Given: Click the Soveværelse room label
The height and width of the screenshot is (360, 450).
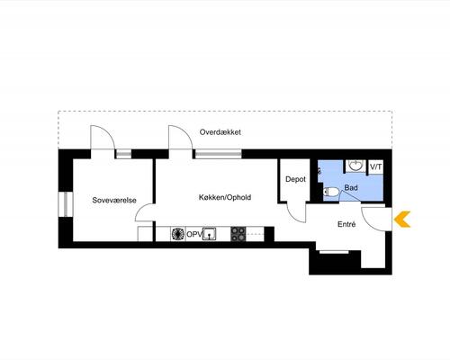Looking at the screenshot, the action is [114, 200].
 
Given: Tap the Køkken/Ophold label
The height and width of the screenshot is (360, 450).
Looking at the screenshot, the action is [225, 197].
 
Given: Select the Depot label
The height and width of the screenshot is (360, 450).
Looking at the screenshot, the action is [295, 179].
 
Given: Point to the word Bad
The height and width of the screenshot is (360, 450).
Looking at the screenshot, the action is [351, 188].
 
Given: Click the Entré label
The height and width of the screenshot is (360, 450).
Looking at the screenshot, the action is [346, 224].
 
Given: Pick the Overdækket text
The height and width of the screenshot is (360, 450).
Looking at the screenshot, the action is [220, 132].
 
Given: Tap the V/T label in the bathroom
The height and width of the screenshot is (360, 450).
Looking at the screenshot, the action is [376, 166].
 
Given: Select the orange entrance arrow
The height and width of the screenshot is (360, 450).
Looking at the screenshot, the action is [402, 220].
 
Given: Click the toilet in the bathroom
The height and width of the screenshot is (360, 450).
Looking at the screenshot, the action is [331, 192].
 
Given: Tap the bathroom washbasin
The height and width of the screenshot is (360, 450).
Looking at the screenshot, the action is [356, 166].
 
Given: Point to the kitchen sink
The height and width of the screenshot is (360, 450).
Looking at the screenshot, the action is [210, 234].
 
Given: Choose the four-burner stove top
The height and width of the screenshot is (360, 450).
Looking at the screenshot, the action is [238, 234].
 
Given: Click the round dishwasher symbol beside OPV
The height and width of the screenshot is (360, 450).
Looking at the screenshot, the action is [177, 234].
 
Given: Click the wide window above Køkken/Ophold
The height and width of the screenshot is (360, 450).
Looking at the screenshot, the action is [219, 154].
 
